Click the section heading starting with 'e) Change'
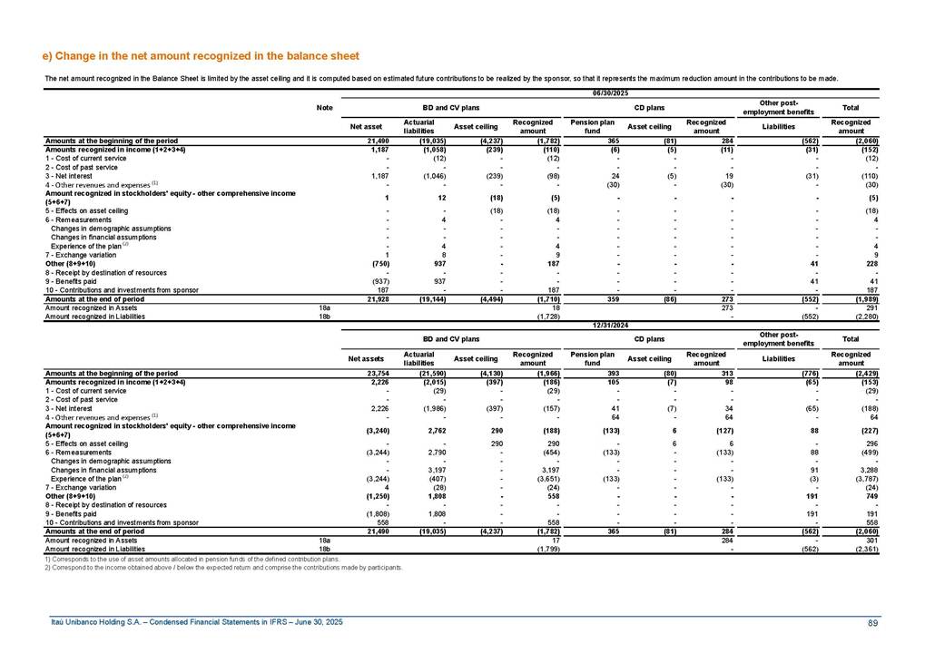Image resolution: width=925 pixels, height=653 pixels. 201,56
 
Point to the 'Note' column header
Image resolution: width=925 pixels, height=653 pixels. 324,108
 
